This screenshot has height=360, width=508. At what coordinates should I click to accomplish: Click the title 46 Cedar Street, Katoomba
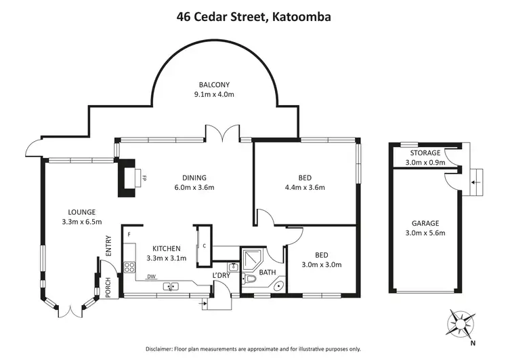(254, 15)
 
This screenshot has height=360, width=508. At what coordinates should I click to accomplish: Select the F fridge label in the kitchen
(127, 235)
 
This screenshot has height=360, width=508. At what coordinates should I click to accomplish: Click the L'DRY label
(221, 275)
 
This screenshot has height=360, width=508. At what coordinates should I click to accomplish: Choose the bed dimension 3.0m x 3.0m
(321, 264)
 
